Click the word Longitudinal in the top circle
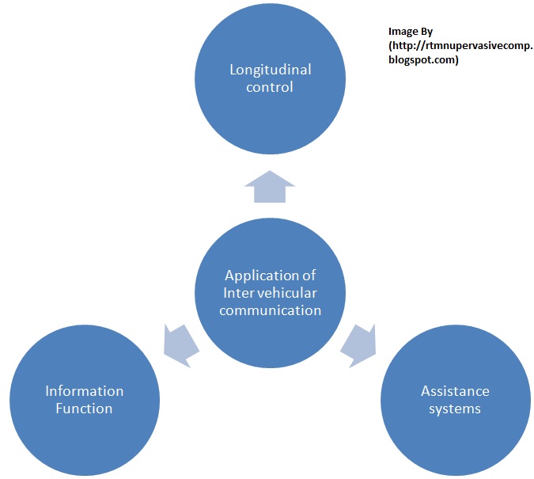pos(270,70)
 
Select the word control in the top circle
pos(270,87)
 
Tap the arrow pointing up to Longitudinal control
pos(270,188)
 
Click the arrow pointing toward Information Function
pos(180,342)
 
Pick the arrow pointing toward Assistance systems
pos(361,342)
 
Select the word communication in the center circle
pos(270,310)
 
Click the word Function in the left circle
pos(84,409)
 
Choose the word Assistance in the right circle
pos(455,391)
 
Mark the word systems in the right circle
pos(455,409)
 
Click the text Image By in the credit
pos(410,31)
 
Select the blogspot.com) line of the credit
pos(423,59)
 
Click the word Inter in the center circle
pos(237,293)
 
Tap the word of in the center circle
pos(309,276)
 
